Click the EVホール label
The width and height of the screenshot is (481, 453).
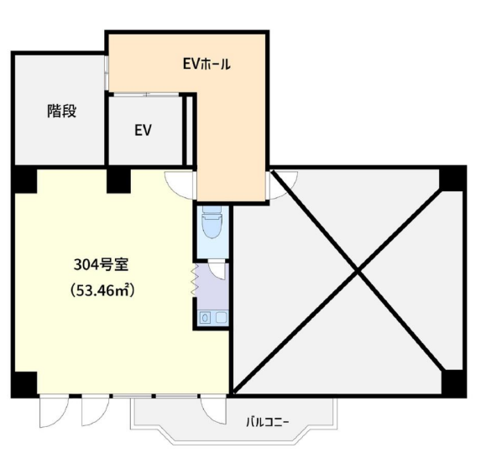point(207,64)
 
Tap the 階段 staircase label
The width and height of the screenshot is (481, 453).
point(61,111)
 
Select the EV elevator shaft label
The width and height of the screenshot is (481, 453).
point(143,130)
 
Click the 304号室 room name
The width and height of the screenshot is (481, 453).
point(101,264)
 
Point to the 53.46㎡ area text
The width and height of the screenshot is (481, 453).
point(102,290)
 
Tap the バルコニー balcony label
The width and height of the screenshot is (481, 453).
point(268,423)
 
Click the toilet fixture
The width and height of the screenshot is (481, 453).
point(212,222)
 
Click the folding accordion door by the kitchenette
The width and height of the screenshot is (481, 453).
point(194,280)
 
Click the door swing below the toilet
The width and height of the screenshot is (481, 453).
point(217,269)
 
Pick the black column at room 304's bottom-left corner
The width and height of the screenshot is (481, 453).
point(25,384)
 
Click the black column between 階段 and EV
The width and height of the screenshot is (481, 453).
point(118,180)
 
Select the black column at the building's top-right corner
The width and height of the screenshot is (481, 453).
point(452,179)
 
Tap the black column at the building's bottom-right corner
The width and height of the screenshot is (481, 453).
point(453,383)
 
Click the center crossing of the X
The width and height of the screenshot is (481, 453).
point(358,271)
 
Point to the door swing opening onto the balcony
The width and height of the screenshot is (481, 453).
point(213,410)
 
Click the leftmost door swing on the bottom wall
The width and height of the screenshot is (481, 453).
point(54,411)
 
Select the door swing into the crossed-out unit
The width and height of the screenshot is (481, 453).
point(282,185)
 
